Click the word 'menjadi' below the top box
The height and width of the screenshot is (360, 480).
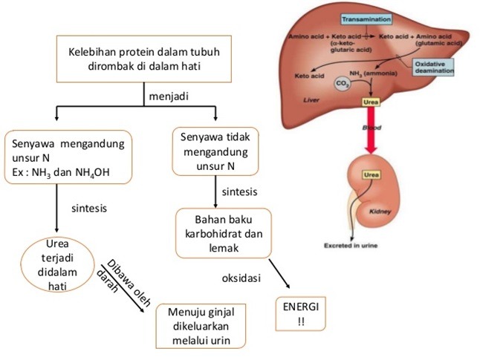168,96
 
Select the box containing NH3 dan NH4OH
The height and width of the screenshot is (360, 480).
68,156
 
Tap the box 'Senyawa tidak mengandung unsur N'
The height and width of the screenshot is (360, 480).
215,152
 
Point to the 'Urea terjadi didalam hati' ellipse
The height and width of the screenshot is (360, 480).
56,266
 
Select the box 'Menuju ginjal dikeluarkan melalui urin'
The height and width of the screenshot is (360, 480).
201,325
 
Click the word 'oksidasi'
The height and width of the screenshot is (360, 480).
241,279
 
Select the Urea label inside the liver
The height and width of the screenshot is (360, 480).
370,102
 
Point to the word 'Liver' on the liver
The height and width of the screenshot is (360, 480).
304,98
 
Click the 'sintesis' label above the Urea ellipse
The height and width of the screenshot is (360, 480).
89,208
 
